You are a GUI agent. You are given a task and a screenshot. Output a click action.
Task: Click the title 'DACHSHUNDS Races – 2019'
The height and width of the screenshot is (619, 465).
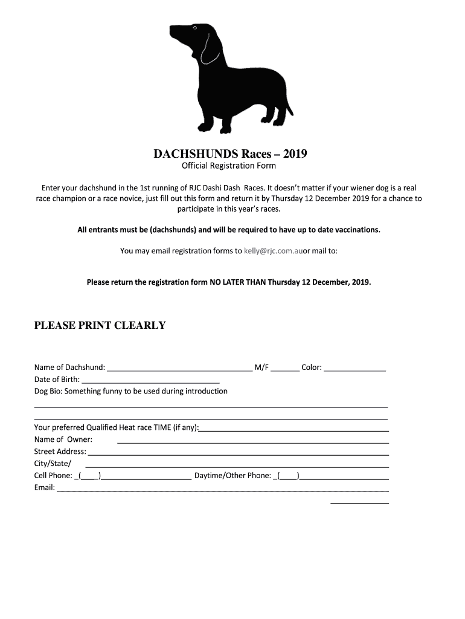tap(229, 154)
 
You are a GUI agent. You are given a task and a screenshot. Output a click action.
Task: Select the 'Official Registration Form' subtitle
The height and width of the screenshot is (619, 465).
tap(229, 166)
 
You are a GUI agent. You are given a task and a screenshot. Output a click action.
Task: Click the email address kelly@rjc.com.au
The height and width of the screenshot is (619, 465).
tap(273, 250)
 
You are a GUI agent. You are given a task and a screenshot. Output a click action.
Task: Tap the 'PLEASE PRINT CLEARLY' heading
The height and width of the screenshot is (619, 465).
tap(100, 325)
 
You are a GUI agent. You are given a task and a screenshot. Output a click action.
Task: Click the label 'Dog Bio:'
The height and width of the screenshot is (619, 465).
tap(48, 391)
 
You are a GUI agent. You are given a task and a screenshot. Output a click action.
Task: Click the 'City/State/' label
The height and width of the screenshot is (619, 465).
tap(53, 464)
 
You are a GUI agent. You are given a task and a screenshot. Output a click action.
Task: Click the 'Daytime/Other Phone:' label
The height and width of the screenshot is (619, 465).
tap(232, 476)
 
